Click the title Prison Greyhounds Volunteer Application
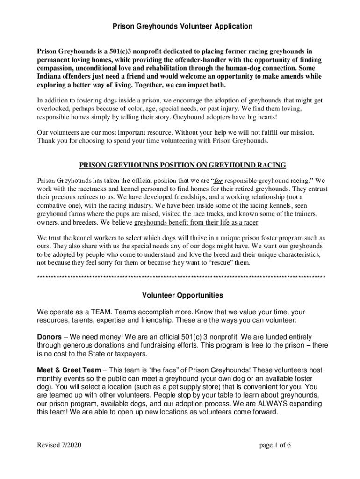point(182,27)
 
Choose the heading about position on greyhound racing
point(182,165)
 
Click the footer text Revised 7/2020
point(59,445)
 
